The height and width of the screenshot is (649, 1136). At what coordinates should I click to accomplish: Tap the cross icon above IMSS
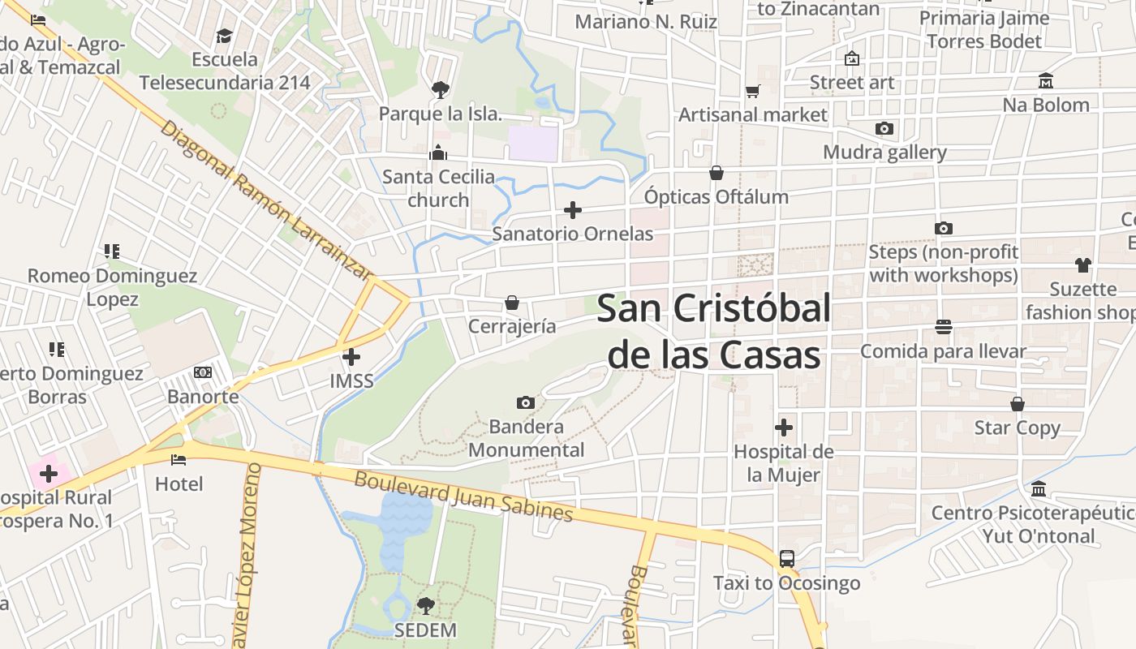351,356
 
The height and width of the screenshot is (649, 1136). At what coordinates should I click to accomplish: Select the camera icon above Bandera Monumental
526,402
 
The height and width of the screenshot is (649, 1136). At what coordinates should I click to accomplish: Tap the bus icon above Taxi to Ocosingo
786,558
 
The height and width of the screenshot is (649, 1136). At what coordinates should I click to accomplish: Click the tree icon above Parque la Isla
440,89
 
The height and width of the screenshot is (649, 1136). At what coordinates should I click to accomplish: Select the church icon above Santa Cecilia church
438,153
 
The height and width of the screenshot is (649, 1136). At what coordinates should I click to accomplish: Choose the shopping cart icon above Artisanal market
753,91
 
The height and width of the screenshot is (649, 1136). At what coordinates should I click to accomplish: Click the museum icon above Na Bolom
1045,81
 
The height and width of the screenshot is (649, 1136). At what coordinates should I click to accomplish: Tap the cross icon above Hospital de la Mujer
784,427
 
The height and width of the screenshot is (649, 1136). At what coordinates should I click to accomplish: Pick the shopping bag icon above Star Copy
1018,404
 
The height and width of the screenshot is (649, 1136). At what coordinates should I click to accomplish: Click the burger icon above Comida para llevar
943,327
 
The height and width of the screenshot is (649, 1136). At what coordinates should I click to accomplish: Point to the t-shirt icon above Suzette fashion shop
1082,264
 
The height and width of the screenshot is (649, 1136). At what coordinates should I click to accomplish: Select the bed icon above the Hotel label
179,460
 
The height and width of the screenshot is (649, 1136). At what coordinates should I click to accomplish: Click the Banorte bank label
203,397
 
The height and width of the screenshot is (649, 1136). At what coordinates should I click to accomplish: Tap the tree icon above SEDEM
425,605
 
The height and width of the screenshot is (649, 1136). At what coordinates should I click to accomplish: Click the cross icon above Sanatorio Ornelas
573,210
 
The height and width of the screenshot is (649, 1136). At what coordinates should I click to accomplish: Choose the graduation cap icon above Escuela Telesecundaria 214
224,36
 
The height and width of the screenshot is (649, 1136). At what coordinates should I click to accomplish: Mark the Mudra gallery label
884,153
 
